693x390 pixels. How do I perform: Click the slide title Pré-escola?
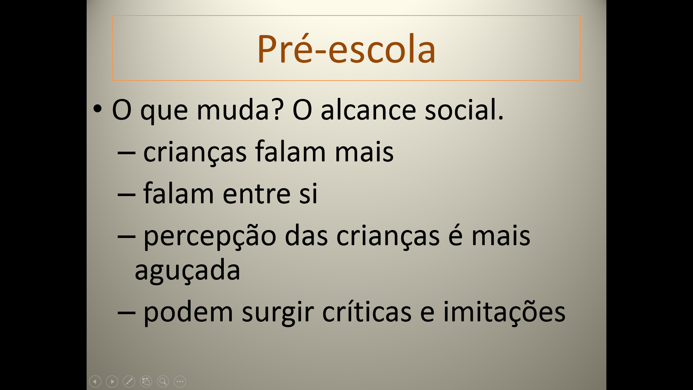pos(346,49)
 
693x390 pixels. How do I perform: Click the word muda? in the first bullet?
pos(240,109)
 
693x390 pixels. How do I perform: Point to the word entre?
pos(257,194)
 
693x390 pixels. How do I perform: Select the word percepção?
pos(210,237)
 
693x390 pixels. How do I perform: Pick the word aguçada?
pos(187,270)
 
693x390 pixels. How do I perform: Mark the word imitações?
pos(504,312)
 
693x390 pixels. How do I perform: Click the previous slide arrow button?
pos(95,381)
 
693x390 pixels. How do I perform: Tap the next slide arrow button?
pos(112,381)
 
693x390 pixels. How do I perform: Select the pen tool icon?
pos(129,381)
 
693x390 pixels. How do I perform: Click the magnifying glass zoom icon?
pos(163,381)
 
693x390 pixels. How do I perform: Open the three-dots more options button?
pos(180,381)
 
